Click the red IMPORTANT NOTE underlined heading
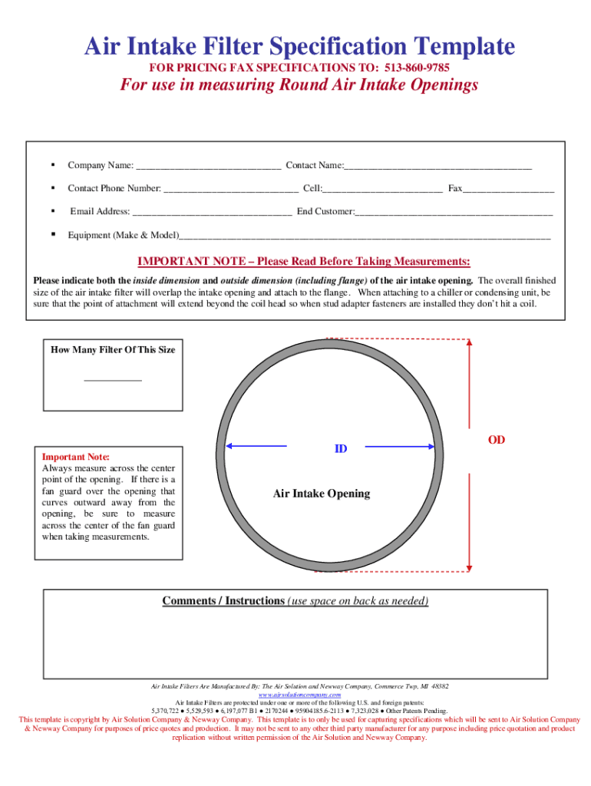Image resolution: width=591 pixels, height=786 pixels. point(303,261)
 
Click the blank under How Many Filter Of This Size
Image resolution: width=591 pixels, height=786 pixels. point(113,378)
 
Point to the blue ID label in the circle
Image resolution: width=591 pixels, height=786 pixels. point(340,448)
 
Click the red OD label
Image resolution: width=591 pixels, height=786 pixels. point(497,440)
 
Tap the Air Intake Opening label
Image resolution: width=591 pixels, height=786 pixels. point(322,494)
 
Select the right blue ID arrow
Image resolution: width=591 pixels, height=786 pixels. point(399,445)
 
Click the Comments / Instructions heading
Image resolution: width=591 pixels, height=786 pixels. point(223,600)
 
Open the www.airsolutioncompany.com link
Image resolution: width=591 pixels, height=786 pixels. point(299,694)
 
